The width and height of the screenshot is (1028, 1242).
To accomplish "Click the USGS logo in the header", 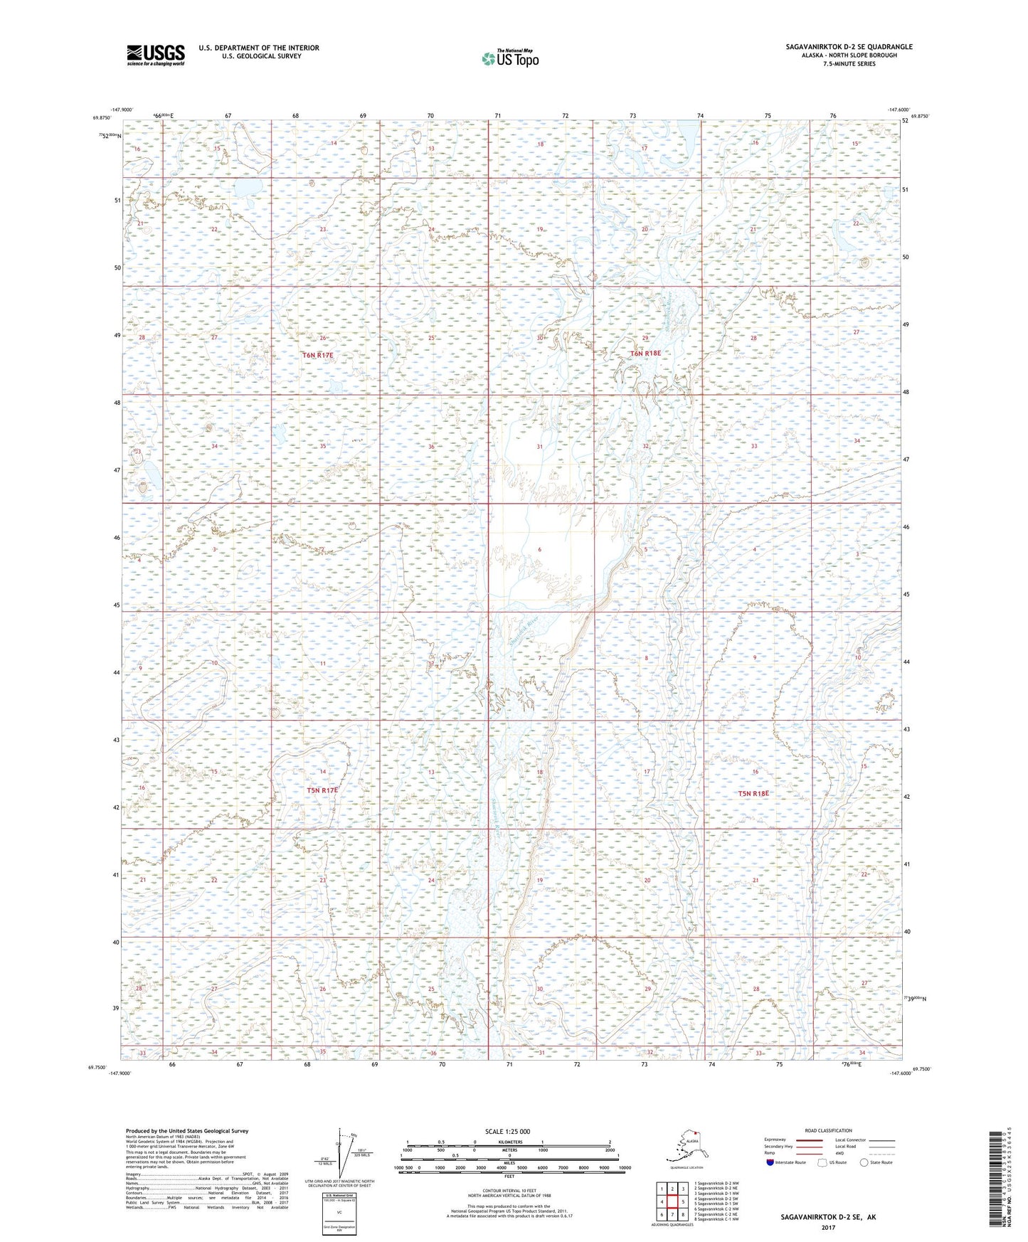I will click(155, 54).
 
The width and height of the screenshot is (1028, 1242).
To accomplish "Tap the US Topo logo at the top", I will click(509, 58).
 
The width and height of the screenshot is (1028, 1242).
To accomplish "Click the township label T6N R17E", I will click(317, 354).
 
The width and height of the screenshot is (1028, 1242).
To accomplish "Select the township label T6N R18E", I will click(645, 353).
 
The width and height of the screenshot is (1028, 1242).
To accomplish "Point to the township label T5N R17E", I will click(322, 790).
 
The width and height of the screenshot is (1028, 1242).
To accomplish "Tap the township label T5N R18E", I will click(753, 793).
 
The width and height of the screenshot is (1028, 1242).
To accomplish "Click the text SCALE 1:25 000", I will click(507, 1131).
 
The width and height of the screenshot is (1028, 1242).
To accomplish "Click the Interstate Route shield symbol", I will click(770, 1162).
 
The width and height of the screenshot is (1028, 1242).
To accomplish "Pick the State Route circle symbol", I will click(864, 1162).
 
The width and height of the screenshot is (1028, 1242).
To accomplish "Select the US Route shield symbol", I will click(823, 1162).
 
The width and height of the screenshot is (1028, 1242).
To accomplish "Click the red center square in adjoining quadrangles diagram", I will click(672, 1202).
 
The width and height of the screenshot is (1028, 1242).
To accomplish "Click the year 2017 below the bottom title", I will click(827, 1227).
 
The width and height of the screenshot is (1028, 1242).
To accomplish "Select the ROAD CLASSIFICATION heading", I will click(828, 1130).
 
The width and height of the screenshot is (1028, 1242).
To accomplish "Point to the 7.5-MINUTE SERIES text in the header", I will click(849, 64).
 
